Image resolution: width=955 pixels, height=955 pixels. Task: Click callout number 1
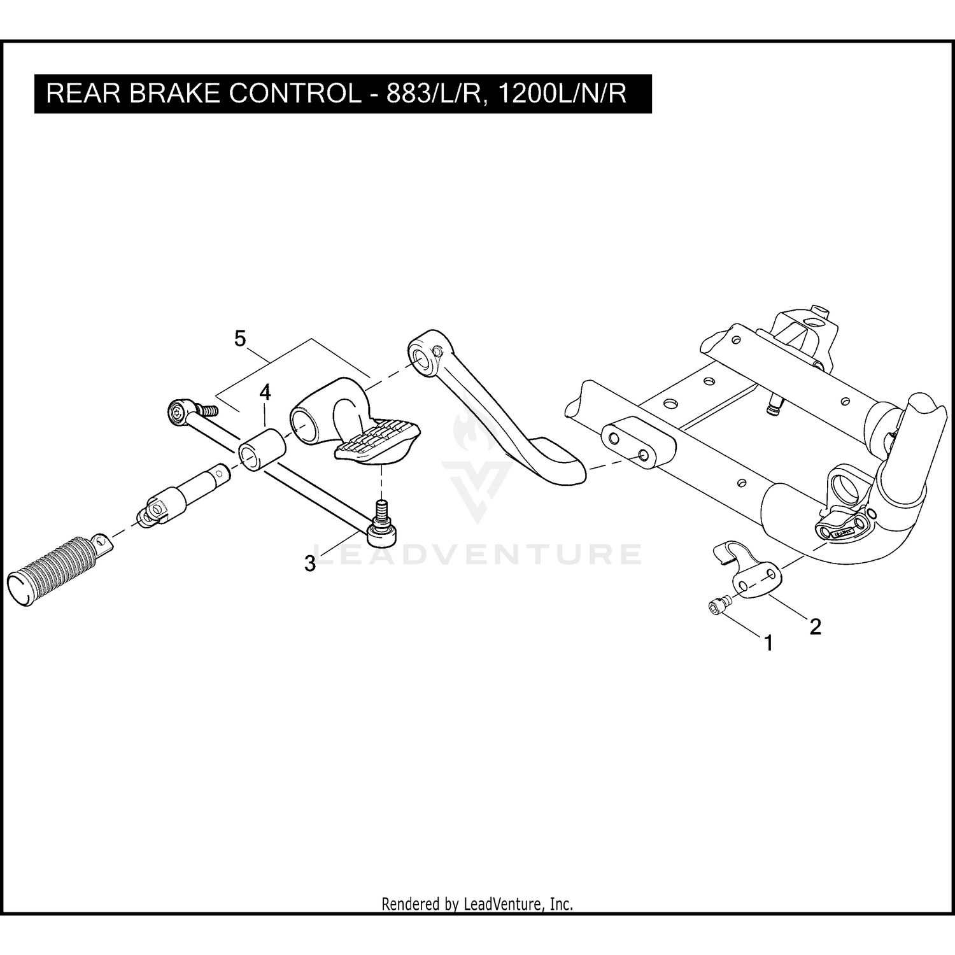(x=768, y=643)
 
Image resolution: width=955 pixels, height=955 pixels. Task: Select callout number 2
(x=815, y=626)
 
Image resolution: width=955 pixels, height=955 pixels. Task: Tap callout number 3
(x=310, y=563)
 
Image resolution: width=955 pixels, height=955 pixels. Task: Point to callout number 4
(x=265, y=392)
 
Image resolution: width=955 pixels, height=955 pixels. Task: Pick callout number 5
(x=239, y=339)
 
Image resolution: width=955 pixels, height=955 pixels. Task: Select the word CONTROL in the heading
(x=294, y=94)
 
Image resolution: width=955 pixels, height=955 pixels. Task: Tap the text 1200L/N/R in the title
(x=562, y=94)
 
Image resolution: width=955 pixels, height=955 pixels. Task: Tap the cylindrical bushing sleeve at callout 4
(x=262, y=451)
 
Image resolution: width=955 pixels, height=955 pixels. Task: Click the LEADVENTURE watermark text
(x=478, y=554)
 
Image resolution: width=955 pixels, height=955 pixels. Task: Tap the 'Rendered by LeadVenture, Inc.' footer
(x=477, y=903)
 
